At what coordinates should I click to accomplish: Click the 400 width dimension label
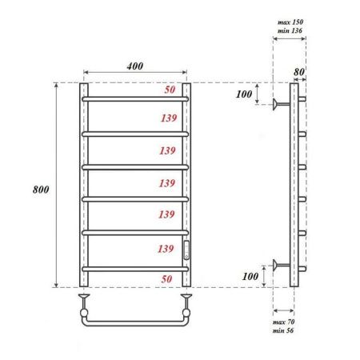(x=134, y=66)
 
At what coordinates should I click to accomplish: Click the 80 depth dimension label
(x=299, y=71)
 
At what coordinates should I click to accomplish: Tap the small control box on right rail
(x=186, y=249)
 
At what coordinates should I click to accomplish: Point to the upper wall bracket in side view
(x=280, y=103)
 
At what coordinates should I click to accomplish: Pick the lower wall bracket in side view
(x=280, y=266)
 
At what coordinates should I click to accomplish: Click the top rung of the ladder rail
(x=134, y=98)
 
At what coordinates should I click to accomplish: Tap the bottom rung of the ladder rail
(x=134, y=267)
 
